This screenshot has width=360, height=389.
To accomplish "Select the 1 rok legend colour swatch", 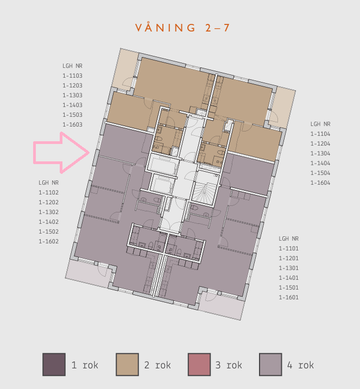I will coord(54,364).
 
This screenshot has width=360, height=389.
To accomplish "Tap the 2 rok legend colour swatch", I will coord(127,364).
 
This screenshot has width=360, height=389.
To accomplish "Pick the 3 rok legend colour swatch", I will coord(199,364).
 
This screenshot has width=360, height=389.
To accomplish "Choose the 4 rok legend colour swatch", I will coord(270,364).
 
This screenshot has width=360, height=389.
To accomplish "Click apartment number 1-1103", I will coord(72,76).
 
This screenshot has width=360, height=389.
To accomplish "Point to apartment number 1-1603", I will coord(72,125).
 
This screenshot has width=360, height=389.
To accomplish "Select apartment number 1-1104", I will coord(320,134).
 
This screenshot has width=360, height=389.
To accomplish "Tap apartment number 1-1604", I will coord(320,183).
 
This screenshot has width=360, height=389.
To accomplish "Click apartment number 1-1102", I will coord(48,193).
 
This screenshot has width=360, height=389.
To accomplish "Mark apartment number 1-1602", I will coord(48,242).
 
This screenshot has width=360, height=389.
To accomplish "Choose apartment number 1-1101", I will coord(289,249).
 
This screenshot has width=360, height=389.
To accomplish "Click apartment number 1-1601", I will coord(289,298).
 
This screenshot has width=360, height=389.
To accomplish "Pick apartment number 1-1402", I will coord(48,222).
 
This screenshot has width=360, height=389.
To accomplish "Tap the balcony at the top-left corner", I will coord(127,68).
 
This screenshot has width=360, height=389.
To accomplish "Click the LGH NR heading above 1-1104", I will coord(320,124).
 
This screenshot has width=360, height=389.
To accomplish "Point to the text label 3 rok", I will coord(230,365).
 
